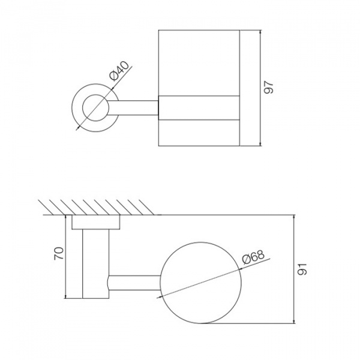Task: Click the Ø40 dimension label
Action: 119,71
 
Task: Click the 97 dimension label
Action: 268,87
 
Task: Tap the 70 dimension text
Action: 59,253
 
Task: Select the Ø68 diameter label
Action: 253,256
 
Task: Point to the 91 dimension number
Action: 302,269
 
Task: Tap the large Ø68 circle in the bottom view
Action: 201,242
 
